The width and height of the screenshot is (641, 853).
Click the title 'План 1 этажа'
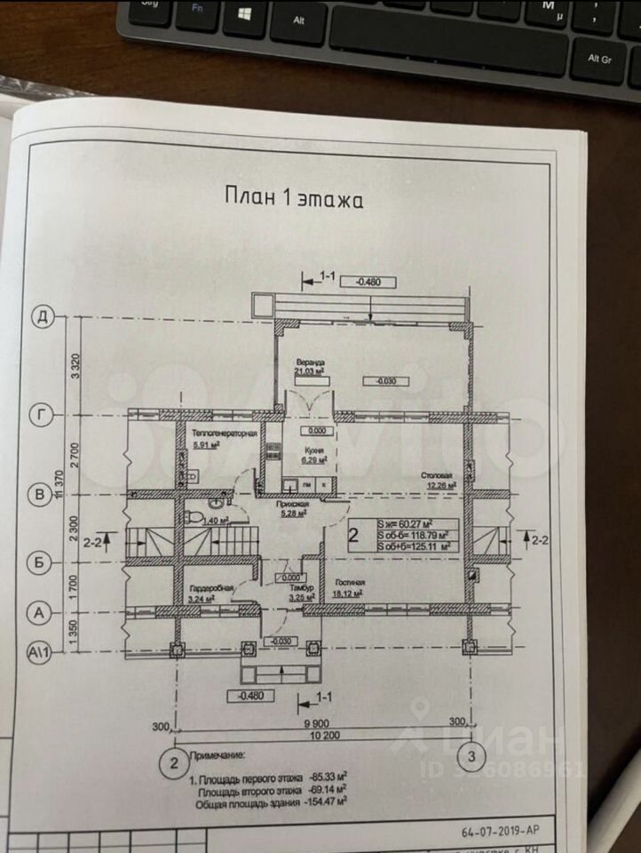click(293, 198)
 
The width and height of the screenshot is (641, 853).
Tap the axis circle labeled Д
click(41, 315)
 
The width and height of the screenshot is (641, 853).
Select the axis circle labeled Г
click(41, 414)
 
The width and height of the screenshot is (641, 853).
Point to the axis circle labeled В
click(40, 494)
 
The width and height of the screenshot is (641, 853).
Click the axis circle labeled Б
click(40, 562)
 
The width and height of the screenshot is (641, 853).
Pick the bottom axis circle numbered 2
click(174, 761)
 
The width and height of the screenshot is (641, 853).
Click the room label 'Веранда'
click(311, 363)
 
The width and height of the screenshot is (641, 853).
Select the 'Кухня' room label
click(312, 450)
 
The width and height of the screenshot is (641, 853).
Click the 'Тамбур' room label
click(297, 588)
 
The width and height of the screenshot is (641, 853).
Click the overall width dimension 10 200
click(322, 736)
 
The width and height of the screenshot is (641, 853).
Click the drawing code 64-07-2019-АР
click(500, 832)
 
